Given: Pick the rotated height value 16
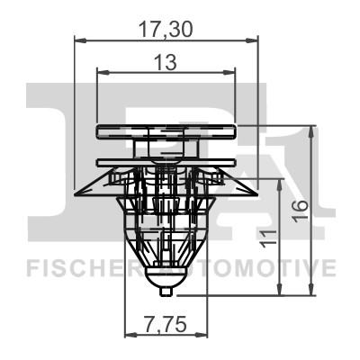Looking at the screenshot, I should point(301,212).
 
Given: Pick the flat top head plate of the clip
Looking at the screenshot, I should point(166,130).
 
